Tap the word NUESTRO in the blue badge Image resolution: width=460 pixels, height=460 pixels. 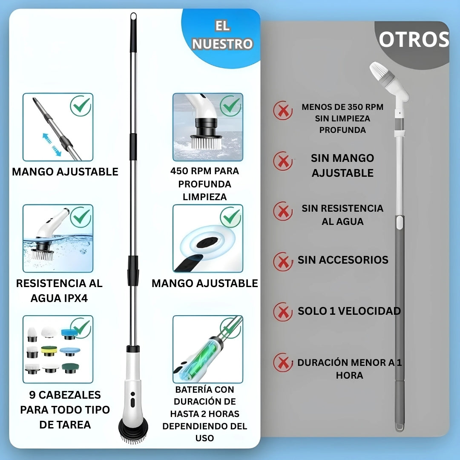click(222, 44)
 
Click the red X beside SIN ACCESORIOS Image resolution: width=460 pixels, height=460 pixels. click(283, 262)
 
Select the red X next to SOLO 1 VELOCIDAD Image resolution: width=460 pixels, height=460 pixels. click(283, 312)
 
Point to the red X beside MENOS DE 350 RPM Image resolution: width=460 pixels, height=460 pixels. click(283, 111)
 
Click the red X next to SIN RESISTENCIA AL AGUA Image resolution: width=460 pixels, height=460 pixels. click(283, 211)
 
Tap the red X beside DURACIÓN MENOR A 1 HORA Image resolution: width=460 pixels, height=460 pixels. click(283, 362)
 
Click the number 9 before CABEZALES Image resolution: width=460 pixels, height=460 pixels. click(32, 395)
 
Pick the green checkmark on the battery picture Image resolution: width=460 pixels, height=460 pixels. click(231, 328)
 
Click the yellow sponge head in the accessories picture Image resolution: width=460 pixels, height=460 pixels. click(49, 351)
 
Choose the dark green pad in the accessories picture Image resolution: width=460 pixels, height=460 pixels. click(70, 368)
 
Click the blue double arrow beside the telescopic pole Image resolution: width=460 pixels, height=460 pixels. click(52, 145)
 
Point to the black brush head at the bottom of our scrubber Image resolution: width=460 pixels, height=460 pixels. click(133, 430)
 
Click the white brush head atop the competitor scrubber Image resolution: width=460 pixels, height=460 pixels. click(377, 72)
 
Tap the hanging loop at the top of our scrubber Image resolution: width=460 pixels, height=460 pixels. click(133, 17)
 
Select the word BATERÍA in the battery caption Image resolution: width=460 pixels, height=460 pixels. click(190, 389)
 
